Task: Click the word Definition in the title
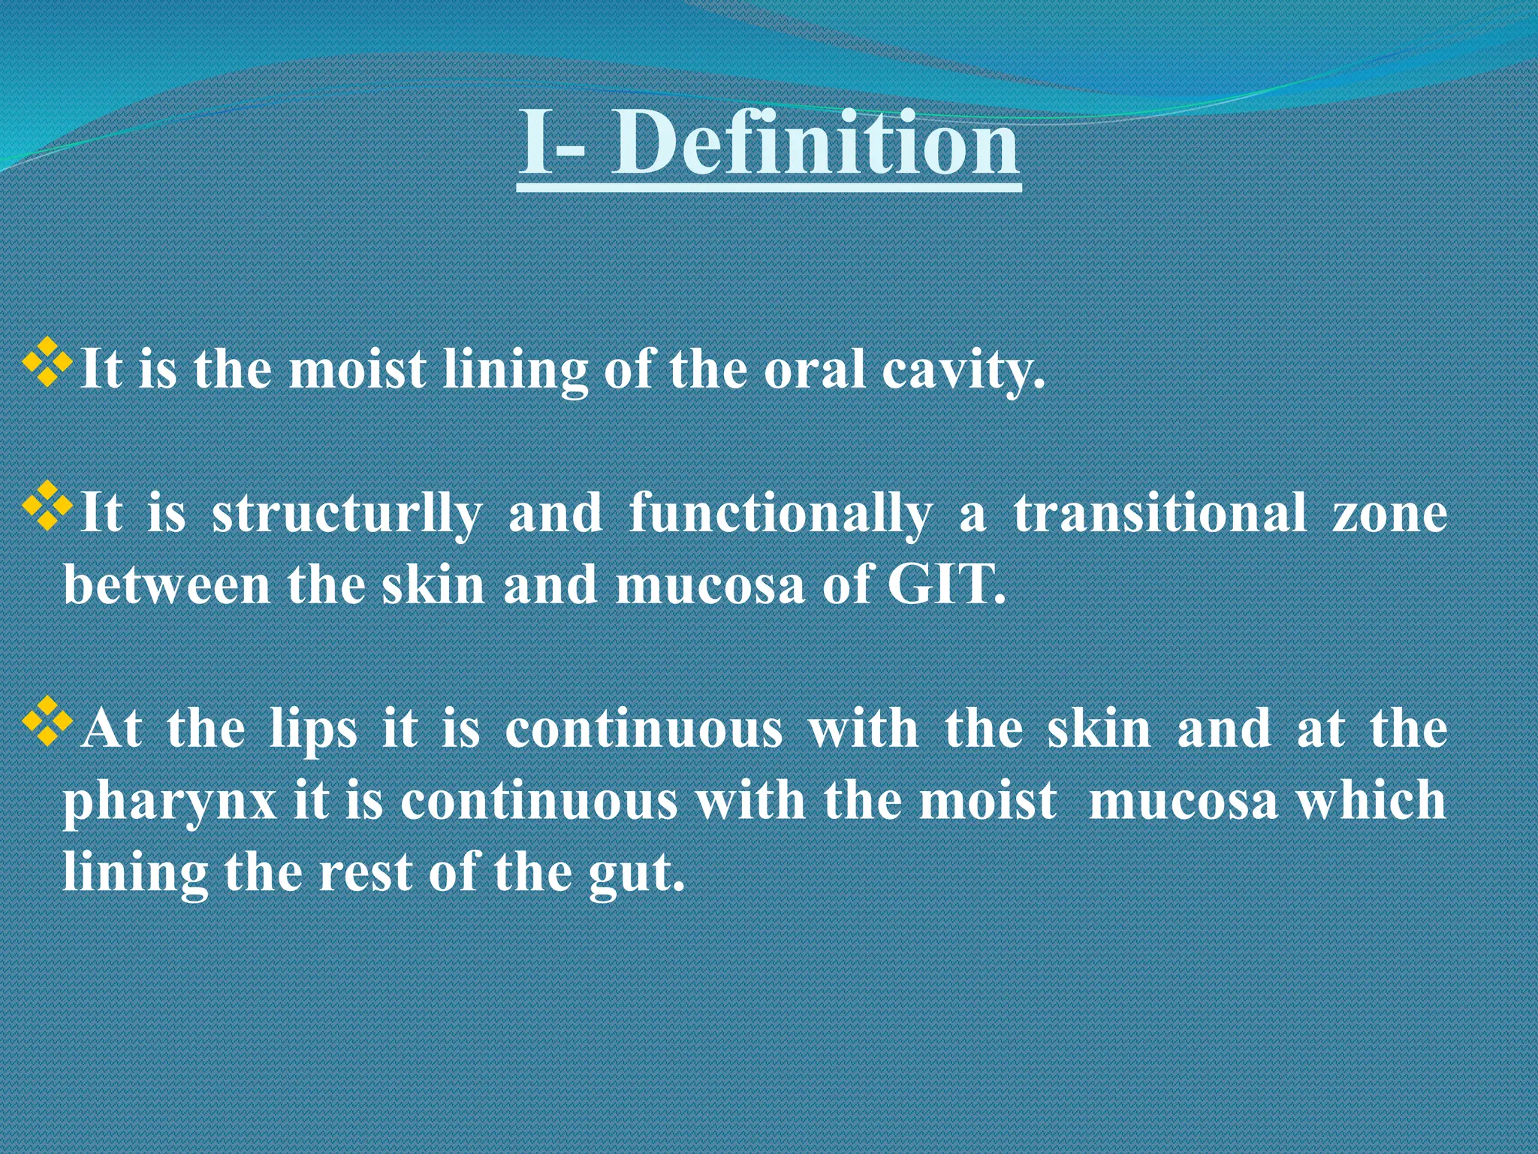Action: coord(815,143)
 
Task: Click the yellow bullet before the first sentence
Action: coord(47,363)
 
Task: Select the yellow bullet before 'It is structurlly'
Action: coord(47,506)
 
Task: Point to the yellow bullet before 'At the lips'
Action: coord(47,721)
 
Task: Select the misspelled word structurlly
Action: coord(347,515)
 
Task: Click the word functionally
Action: coord(780,515)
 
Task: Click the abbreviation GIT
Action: coord(945,585)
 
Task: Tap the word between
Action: coord(167,585)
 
